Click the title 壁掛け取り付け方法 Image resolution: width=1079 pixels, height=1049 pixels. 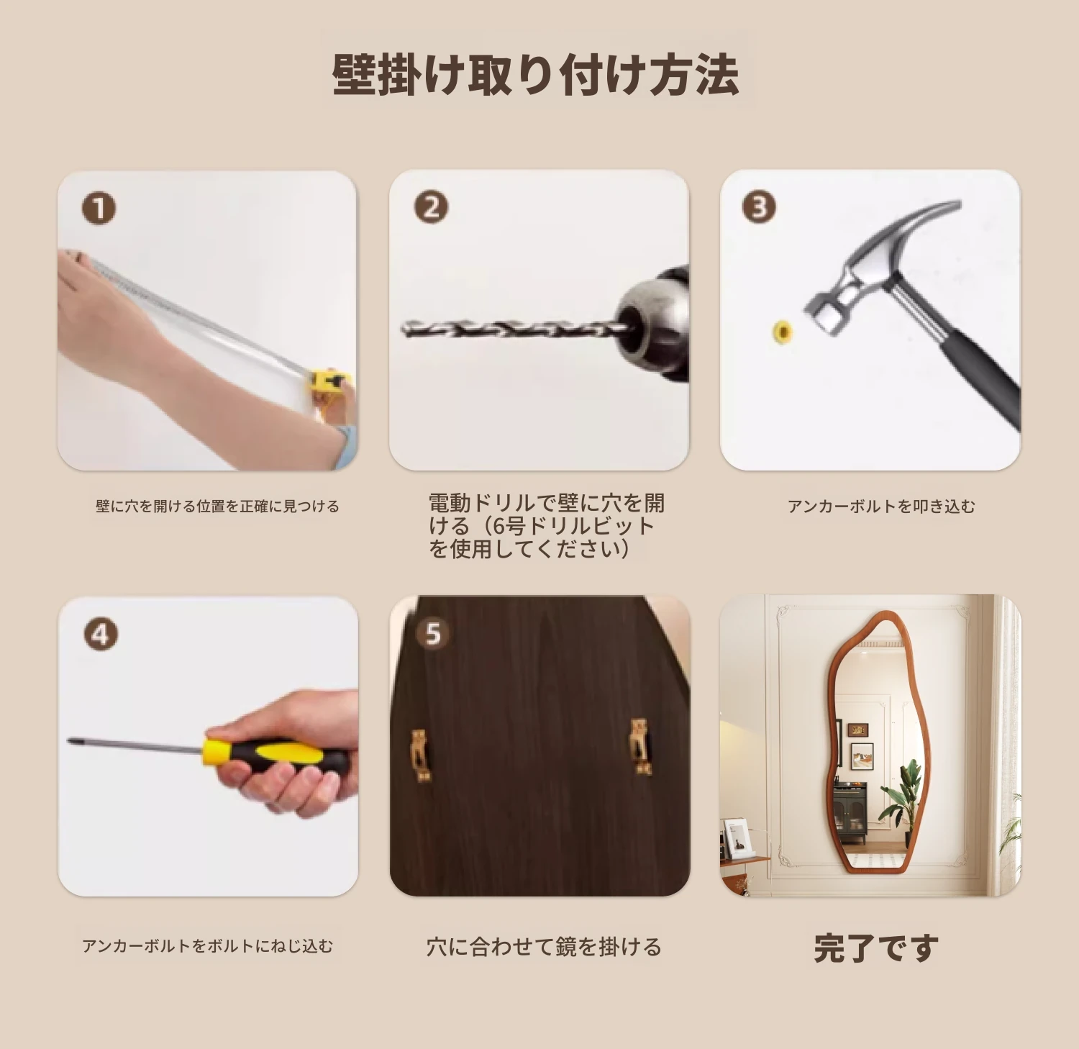pos(536,74)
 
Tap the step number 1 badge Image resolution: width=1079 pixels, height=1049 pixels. pos(99,209)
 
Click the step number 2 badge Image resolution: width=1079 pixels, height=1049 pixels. pos(432,207)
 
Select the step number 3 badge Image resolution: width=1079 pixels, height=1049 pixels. pos(759,207)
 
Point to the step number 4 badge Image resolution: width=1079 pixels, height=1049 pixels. pos(101,635)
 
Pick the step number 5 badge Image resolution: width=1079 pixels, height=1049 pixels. pos(432,634)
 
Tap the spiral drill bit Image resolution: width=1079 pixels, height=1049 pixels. pos(515,329)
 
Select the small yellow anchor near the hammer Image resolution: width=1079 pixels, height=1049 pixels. pos(783,332)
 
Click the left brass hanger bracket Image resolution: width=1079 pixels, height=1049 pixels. pos(421,754)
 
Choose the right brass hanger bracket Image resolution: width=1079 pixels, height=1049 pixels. pos(640,746)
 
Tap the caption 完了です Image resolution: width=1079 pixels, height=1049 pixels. pos(876,948)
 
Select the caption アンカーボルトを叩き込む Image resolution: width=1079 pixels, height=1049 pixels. pos(881,507)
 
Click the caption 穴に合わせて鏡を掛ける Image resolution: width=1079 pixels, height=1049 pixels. pos(544,947)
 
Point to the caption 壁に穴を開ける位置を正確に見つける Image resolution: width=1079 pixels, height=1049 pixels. pos(217,507)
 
